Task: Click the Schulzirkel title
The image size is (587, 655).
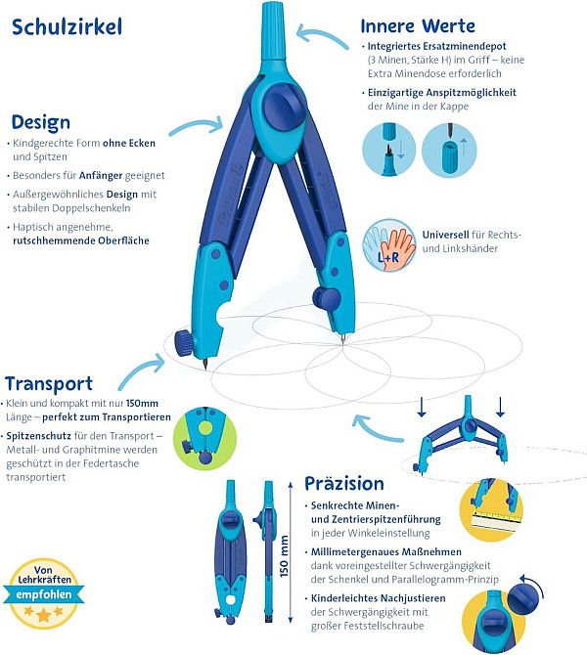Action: pyautogui.click(x=67, y=27)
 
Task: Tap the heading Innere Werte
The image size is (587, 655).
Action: pyautogui.click(x=418, y=25)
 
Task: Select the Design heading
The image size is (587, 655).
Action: pyautogui.click(x=40, y=123)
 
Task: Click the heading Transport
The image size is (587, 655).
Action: pyautogui.click(x=49, y=384)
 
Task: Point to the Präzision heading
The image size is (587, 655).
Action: pyautogui.click(x=344, y=484)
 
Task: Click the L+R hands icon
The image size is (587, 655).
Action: pyautogui.click(x=389, y=245)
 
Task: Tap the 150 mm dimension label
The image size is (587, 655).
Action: pyautogui.click(x=284, y=557)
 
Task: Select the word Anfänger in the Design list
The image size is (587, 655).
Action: pyautogui.click(x=101, y=175)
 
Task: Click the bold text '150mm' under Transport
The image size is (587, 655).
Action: pyautogui.click(x=142, y=404)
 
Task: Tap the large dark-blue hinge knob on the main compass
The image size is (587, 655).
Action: pyautogui.click(x=285, y=107)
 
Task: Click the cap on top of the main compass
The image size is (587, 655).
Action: pyautogui.click(x=273, y=31)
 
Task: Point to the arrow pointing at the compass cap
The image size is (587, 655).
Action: pyautogui.click(x=322, y=37)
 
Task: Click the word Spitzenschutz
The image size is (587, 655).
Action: pyautogui.click(x=38, y=436)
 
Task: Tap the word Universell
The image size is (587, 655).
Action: pyautogui.click(x=445, y=235)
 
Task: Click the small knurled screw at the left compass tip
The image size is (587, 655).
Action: pyautogui.click(x=184, y=343)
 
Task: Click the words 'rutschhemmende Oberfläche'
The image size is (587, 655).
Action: pyautogui.click(x=81, y=240)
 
